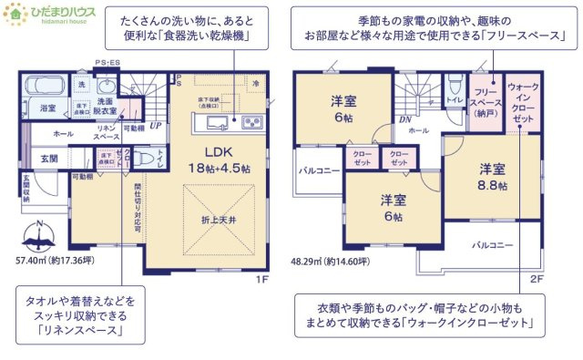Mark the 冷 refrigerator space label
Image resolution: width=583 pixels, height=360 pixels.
(x=257, y=83)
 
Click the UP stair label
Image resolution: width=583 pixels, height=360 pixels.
(x=156, y=126)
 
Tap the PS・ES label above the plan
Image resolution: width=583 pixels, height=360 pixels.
(x=107, y=63)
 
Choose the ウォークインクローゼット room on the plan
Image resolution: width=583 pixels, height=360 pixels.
(x=522, y=102)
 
